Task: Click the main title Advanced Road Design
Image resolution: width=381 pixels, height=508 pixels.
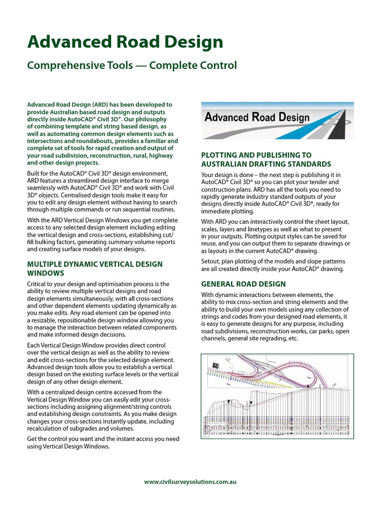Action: tap(125, 42)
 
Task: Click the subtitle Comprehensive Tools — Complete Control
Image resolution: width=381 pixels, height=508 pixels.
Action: tap(132, 65)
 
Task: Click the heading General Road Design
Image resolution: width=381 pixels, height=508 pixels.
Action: tap(243, 284)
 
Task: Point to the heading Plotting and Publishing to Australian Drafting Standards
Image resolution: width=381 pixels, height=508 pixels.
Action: tap(266, 159)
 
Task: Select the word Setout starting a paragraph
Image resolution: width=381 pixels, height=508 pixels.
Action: tap(211, 261)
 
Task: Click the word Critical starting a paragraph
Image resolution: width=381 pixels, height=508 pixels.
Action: tap(39, 284)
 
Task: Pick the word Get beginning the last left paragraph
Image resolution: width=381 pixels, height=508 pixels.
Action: tap(33, 439)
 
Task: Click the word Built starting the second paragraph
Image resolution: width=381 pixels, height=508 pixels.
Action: tap(35, 173)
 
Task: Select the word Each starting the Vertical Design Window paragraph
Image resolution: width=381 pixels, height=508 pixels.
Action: tap(34, 345)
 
